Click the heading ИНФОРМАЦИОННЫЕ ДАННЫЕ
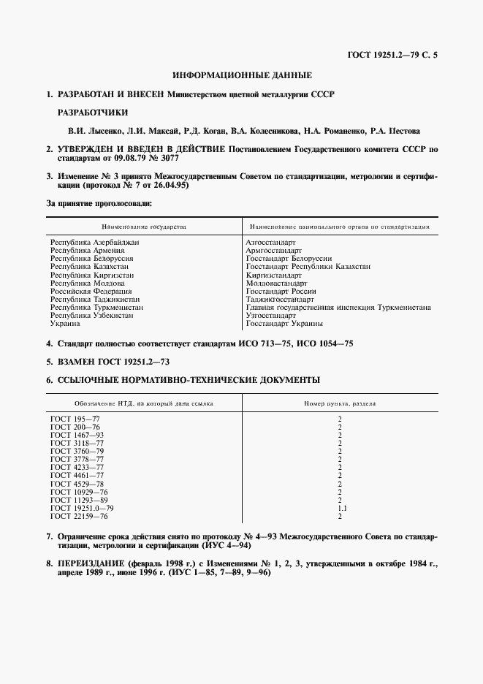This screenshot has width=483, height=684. pyautogui.click(x=242, y=75)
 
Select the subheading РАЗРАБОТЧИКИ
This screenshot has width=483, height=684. pyautogui.click(x=92, y=113)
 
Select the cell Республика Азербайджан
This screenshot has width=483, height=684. pyautogui.click(x=95, y=242)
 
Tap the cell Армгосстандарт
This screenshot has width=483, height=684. pyautogui.click(x=274, y=250)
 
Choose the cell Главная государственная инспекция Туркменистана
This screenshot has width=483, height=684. pyautogui.click(x=338, y=308)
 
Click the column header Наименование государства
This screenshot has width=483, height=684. pyautogui.click(x=144, y=227)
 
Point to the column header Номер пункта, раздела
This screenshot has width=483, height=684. pyautogui.click(x=340, y=403)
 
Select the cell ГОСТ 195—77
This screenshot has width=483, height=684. pyautogui.click(x=75, y=419)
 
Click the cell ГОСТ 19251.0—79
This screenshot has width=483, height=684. pyautogui.click(x=82, y=508)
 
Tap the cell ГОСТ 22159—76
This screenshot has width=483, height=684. pyautogui.click(x=79, y=516)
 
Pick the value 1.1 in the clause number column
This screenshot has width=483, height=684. pyautogui.click(x=340, y=508)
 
